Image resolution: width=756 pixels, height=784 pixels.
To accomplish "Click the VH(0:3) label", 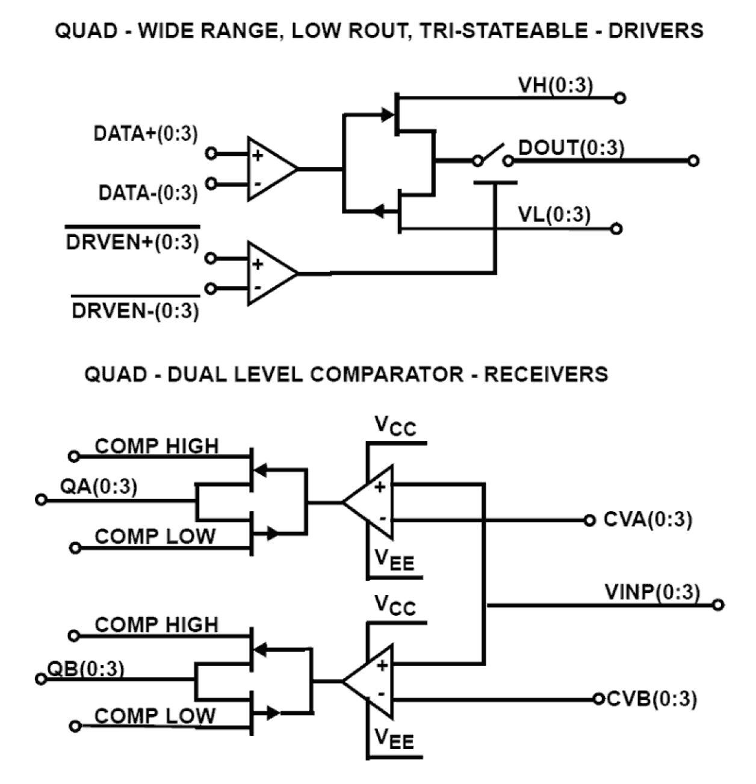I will click(555, 85).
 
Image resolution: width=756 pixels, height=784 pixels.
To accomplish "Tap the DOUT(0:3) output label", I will click(571, 147).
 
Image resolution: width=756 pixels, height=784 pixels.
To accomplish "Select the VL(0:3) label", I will click(554, 215).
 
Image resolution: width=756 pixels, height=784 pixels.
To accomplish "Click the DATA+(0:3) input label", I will click(145, 134).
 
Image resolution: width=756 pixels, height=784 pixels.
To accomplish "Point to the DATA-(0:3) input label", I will click(148, 193).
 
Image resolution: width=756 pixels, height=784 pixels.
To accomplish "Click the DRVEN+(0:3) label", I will click(132, 242).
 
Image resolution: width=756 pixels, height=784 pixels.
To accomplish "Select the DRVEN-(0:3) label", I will click(135, 311).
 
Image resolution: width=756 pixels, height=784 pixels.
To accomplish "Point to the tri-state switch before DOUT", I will click(492, 155).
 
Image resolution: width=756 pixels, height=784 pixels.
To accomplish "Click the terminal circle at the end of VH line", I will click(620, 98).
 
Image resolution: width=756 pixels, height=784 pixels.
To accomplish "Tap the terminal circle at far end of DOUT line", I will click(693, 161).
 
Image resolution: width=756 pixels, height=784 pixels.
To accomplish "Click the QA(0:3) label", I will click(99, 486).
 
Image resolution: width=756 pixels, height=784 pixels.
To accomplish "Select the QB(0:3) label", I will click(86, 668).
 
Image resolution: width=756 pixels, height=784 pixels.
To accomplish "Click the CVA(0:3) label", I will click(648, 519).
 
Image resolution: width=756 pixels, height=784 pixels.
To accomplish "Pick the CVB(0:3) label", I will click(652, 699).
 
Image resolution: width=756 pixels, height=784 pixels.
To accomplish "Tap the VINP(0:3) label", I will click(652, 592).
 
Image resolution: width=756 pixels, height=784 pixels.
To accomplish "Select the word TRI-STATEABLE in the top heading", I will click(503, 30).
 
